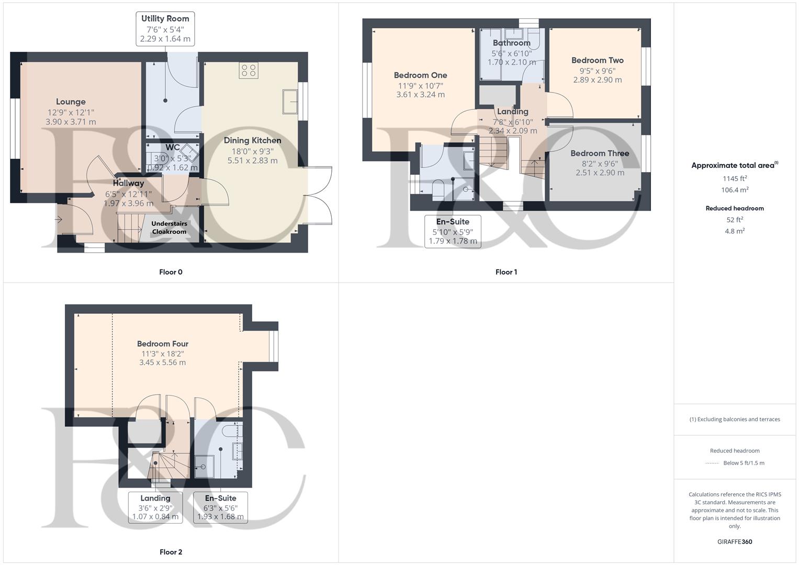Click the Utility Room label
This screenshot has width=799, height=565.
point(165,19)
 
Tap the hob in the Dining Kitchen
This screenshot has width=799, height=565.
point(248,70)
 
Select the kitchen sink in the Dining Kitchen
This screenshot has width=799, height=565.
point(290,101)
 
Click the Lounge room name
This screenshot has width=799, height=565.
point(71,102)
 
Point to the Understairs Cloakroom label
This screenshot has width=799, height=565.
point(169,228)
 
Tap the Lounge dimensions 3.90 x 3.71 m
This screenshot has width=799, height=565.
point(71,122)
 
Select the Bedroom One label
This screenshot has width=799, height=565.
point(420,75)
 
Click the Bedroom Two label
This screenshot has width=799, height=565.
point(597,61)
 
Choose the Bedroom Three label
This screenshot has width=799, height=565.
point(600,153)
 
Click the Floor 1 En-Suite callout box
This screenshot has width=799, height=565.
point(453,231)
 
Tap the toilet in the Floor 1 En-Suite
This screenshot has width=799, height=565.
point(438,189)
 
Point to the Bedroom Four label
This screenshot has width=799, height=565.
point(162,344)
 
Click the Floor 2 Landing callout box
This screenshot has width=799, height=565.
point(155,507)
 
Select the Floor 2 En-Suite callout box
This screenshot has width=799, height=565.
point(220,507)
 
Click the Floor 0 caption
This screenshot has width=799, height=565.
point(171,272)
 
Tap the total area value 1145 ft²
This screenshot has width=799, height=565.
point(735,178)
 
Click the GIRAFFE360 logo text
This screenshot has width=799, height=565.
point(735,542)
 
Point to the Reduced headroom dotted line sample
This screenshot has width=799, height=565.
point(712,463)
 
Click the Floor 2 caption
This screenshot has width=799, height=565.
point(171,552)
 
